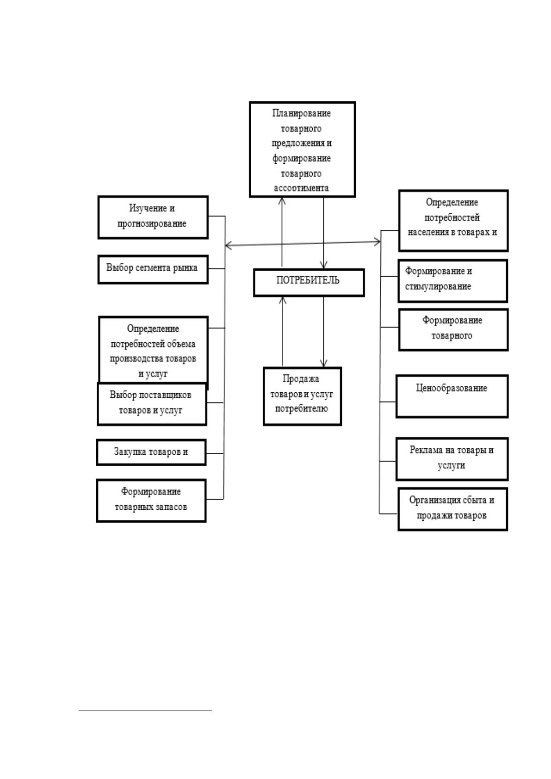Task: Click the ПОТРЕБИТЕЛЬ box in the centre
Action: pyautogui.click(x=309, y=282)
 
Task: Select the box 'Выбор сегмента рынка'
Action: pyautogui.click(x=153, y=270)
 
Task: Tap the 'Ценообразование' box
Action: pyautogui.click(x=452, y=396)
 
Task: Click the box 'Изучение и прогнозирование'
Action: pyautogui.click(x=153, y=217)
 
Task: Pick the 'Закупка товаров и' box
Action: pyautogui.click(x=151, y=452)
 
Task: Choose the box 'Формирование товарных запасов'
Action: pyautogui.click(x=151, y=501)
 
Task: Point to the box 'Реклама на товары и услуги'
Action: pyautogui.click(x=452, y=459)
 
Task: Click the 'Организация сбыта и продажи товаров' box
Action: pyautogui.click(x=452, y=509)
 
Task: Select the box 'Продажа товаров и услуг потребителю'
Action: pyautogui.click(x=302, y=396)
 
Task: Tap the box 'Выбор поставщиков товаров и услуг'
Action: pyautogui.click(x=152, y=404)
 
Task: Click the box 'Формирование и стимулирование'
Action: pyautogui.click(x=452, y=281)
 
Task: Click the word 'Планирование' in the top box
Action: pyautogui.click(x=301, y=113)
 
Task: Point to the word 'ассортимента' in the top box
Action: pyautogui.click(x=301, y=188)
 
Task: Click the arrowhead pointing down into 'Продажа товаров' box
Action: pyautogui.click(x=324, y=364)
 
